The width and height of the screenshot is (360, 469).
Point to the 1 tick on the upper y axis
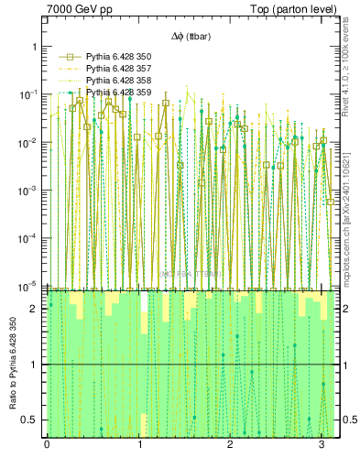[34, 46]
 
